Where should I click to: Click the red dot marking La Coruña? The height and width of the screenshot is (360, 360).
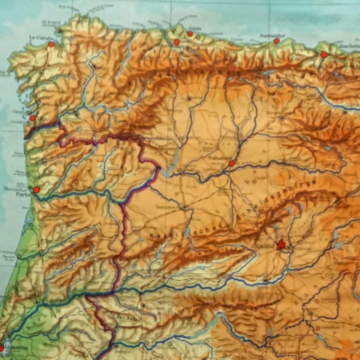pos(51,45)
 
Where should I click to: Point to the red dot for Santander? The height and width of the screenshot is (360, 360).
pos(277,41)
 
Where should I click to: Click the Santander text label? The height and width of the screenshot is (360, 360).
pos(272,35)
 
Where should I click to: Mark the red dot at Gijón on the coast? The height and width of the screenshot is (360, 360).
pos(190,33)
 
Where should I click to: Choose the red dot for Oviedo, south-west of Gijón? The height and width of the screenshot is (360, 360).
pos(177,42)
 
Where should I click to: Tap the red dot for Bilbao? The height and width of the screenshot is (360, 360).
pos(324,54)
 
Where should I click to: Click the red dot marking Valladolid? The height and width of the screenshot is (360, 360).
pos(232,163)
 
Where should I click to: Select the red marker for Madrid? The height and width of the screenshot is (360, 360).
pos(281,244)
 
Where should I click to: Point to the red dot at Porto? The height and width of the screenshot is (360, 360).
pos(36,190)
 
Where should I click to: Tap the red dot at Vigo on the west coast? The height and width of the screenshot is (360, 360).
pos(32,118)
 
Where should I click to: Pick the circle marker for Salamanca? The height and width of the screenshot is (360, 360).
pos(185,207)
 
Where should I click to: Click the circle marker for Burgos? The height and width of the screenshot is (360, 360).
pos(282,118)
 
